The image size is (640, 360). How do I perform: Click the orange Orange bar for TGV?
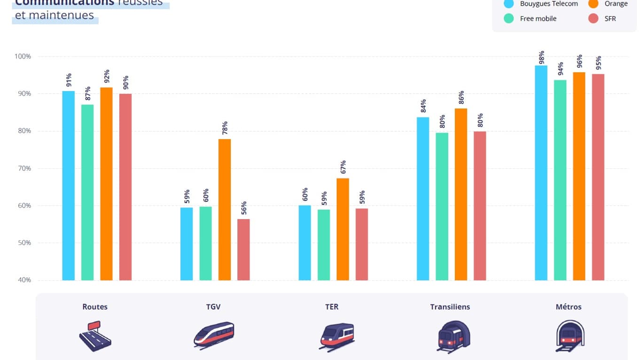225,210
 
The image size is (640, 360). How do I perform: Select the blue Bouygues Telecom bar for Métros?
541,173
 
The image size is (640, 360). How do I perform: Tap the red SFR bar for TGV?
243,250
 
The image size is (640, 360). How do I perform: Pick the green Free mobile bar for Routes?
87,192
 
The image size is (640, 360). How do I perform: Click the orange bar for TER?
343,229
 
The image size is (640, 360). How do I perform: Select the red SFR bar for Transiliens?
480,206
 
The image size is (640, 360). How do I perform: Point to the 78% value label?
225,127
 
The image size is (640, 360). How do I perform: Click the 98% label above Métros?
541,57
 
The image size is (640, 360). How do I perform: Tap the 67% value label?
343,167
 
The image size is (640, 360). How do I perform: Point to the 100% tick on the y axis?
23,56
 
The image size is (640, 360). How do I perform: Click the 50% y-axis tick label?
23,243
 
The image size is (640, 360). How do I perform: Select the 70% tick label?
23,168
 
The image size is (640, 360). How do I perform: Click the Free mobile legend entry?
538,19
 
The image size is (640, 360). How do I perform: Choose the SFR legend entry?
610,19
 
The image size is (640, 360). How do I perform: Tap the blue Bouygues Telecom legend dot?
508,4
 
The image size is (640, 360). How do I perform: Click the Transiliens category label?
450,307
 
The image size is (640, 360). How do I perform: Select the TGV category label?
213,307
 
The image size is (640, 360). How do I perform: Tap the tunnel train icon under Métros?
569,335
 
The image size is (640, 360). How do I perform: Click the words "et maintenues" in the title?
55,16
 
